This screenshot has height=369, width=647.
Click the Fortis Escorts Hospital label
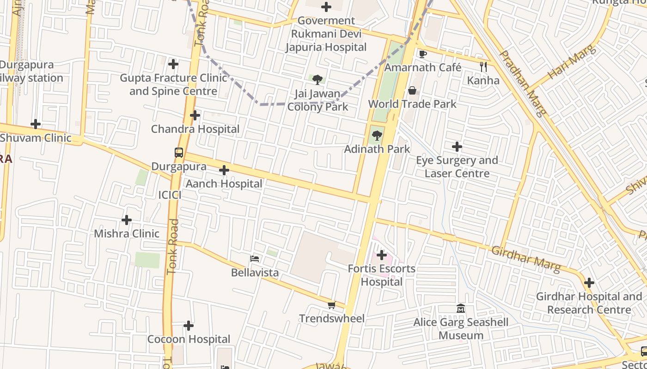pos(381,275)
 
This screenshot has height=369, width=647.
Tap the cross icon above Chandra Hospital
pos(195,115)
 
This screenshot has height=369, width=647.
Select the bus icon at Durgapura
pos(178,152)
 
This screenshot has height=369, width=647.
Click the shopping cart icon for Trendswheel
pos(331,305)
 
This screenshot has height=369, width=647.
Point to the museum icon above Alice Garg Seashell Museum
pos(460,308)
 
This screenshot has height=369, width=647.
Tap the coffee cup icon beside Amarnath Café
pos(422,54)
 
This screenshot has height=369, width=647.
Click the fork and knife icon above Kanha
pos(483,67)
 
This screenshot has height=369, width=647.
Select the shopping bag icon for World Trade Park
pos(412,90)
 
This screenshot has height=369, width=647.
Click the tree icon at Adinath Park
pos(377,136)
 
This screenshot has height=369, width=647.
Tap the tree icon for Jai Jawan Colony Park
pos(317,80)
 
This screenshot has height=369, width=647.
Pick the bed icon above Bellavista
pos(255,259)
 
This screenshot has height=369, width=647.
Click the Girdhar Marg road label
pos(526,258)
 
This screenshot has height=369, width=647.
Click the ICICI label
pos(170,195)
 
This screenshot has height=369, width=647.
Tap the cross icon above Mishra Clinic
pos(126,220)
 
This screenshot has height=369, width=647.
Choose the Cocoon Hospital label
pos(189,339)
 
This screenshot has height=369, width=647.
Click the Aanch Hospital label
pos(224,184)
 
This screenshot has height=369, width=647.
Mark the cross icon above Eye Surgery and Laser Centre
pos(457,147)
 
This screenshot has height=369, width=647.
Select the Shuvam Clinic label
pos(36,138)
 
